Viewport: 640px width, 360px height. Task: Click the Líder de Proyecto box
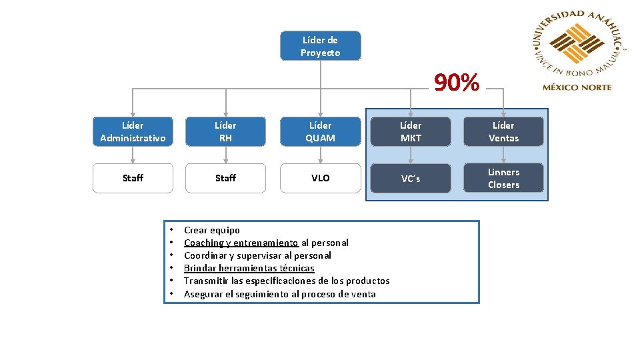pos(320,46)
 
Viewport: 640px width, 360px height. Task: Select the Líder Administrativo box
pos(132,131)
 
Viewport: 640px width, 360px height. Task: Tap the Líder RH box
pos(225,131)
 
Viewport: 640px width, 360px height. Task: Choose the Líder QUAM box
pos(320,131)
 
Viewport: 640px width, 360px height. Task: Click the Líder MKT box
pos(411,131)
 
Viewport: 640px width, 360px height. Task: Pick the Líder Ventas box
pos(503,131)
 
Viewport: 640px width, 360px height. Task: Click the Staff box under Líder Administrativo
pos(132,178)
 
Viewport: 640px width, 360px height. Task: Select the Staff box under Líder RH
pos(225,178)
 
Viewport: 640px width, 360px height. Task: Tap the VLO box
pos(320,178)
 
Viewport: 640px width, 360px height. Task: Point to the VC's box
pos(411,178)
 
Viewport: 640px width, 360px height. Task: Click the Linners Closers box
pos(503,178)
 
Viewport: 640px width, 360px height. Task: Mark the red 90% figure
pos(457,83)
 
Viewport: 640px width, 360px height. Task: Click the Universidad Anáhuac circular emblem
pos(577,44)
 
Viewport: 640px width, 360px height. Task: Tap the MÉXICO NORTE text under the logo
pos(577,87)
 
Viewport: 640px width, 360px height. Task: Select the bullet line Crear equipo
pos(212,230)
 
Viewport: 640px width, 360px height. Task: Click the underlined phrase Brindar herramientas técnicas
pos(249,268)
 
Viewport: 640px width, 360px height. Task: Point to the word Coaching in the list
pos(203,243)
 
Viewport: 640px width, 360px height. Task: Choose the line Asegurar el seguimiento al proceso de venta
pos(280,294)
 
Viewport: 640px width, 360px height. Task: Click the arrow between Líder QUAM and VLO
pos(320,155)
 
